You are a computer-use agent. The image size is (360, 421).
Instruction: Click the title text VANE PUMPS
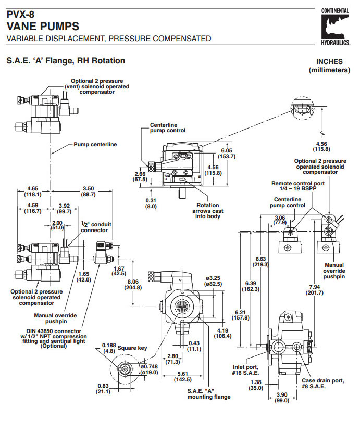[43, 26]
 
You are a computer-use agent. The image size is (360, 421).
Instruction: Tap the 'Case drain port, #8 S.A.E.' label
[322, 382]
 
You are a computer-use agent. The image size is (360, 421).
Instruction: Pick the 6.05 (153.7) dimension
[226, 153]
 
